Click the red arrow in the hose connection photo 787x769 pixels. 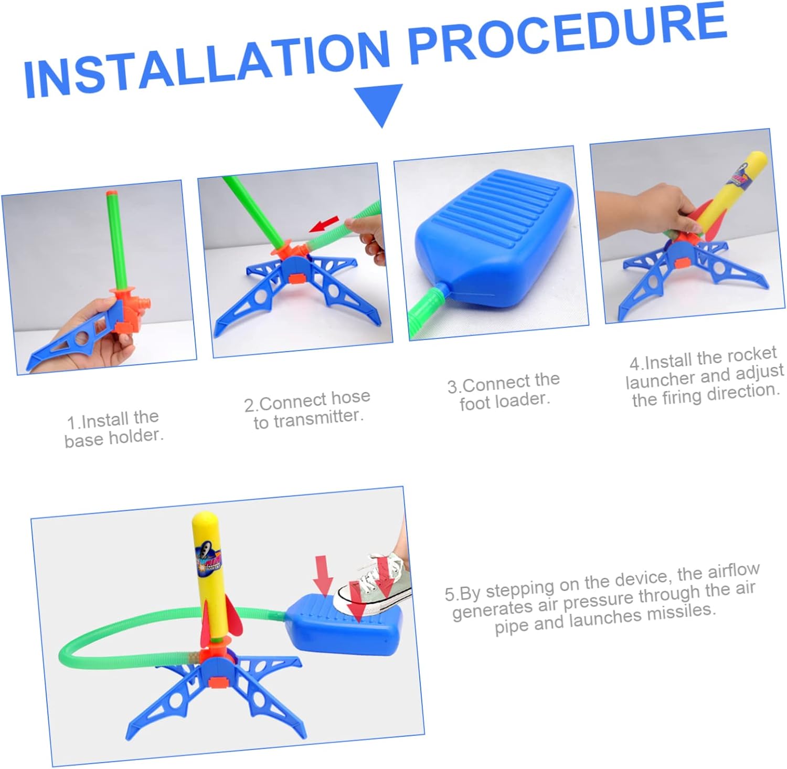coord(324,225)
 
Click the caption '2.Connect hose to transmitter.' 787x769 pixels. coord(307,409)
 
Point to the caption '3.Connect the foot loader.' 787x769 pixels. coord(504,391)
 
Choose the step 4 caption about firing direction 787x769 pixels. coord(704,377)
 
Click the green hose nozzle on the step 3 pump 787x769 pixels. coord(428,308)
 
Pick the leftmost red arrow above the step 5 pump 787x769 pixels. coord(323,576)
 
